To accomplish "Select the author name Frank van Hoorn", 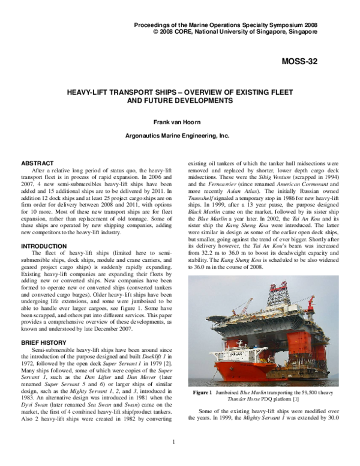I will click(180, 123).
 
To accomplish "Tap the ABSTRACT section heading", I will click(37, 163).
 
